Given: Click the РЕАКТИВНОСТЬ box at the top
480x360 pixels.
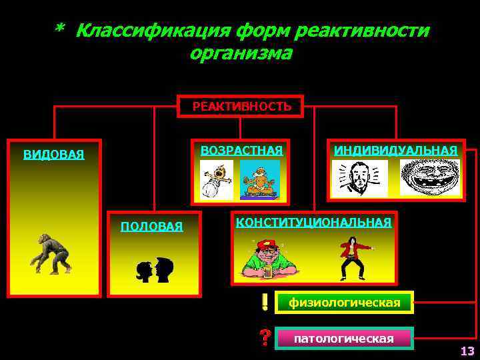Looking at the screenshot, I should [241, 107].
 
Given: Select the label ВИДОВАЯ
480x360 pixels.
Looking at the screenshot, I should [54, 155].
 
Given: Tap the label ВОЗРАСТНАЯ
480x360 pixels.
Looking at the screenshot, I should [241, 150].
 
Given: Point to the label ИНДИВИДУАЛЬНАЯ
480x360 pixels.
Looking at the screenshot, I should [395, 150].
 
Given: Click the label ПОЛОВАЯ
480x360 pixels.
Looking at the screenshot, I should [151, 227].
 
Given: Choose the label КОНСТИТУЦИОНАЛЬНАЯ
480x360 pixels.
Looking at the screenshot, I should [313, 222].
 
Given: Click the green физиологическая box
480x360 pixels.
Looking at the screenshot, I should [344, 303].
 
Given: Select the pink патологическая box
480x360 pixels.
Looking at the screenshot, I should [344, 339].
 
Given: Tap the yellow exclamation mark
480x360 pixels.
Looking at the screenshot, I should [265, 303].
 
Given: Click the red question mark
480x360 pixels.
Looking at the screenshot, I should [265, 337].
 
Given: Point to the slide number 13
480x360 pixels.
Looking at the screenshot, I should [467, 351].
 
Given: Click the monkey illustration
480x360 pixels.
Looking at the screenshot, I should [52, 253].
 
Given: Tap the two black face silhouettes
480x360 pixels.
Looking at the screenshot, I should [154, 269].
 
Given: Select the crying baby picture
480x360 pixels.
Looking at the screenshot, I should [217, 180].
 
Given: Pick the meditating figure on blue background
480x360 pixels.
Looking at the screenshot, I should [259, 179].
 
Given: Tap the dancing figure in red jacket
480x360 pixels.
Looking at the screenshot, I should [353, 258].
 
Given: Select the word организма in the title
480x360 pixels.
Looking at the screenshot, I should [241, 53].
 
